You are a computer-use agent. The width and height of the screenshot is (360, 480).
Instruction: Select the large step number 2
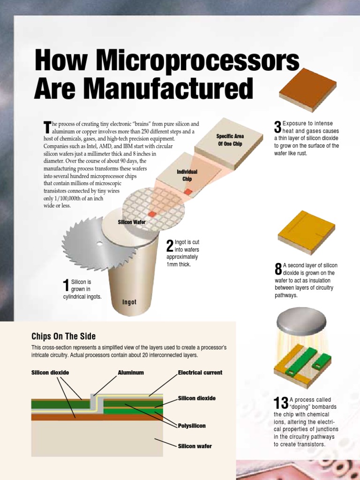(x=170, y=245)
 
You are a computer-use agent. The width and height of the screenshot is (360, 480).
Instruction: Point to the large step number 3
(x=277, y=127)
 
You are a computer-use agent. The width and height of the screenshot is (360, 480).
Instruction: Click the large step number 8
(x=278, y=269)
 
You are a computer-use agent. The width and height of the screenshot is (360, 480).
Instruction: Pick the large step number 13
(x=281, y=404)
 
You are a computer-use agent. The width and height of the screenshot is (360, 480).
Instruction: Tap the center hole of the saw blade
(x=99, y=243)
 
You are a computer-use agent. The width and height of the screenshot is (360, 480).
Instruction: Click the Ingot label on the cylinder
(x=129, y=302)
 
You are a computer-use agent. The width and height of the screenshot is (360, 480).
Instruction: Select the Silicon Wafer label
(x=132, y=222)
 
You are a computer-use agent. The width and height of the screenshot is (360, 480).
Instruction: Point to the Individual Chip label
(x=187, y=175)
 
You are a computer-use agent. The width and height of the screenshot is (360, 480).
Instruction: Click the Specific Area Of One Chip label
(x=229, y=140)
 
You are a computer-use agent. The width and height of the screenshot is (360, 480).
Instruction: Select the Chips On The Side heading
(x=63, y=336)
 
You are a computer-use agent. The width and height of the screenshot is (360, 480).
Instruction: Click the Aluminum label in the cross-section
(x=131, y=373)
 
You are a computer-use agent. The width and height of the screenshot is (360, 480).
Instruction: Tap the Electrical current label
(x=200, y=373)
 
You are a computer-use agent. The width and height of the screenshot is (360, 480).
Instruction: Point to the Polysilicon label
(x=192, y=426)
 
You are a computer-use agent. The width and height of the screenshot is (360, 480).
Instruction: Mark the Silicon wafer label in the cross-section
(x=195, y=446)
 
